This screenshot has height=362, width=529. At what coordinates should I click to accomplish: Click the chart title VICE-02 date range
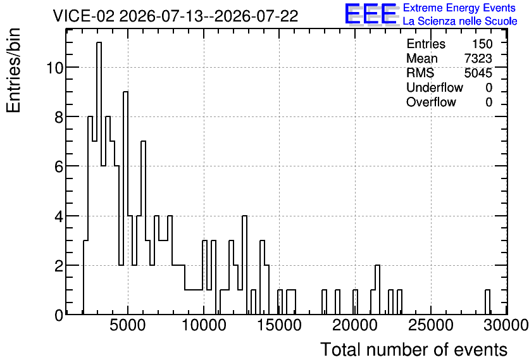click(x=175, y=16)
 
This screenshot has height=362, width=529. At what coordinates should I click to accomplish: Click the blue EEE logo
click(x=371, y=14)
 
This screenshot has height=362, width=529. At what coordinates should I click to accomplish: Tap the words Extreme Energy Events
click(x=459, y=8)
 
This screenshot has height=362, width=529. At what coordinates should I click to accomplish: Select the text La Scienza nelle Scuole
click(x=460, y=22)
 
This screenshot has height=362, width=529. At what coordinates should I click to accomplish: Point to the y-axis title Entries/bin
click(x=14, y=71)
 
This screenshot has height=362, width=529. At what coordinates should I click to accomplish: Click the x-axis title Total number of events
click(x=414, y=349)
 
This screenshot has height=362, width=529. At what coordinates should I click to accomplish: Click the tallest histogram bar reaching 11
click(x=99, y=178)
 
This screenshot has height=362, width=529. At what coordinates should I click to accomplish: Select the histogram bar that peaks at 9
click(x=125, y=203)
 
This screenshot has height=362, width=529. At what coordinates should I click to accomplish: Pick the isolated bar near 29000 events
click(x=487, y=302)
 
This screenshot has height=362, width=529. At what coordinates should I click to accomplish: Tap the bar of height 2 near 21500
click(x=378, y=290)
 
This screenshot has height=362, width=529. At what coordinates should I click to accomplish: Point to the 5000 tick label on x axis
click(x=128, y=325)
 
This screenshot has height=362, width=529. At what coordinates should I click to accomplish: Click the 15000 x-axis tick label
click(x=279, y=325)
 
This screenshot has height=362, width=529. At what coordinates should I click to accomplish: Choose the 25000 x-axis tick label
click(x=431, y=325)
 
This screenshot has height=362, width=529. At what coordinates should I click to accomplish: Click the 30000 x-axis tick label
click(x=506, y=325)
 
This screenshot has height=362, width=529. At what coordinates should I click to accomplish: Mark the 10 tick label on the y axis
click(x=54, y=68)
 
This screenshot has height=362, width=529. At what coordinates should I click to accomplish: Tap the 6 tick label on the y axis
click(x=59, y=166)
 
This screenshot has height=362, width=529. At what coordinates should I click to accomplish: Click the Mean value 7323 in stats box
click(x=478, y=58)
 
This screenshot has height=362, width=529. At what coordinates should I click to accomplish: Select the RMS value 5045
click(x=478, y=73)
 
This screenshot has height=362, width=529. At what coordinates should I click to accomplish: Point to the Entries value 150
click(x=482, y=44)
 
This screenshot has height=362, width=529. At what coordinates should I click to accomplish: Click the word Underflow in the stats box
click(x=435, y=87)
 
